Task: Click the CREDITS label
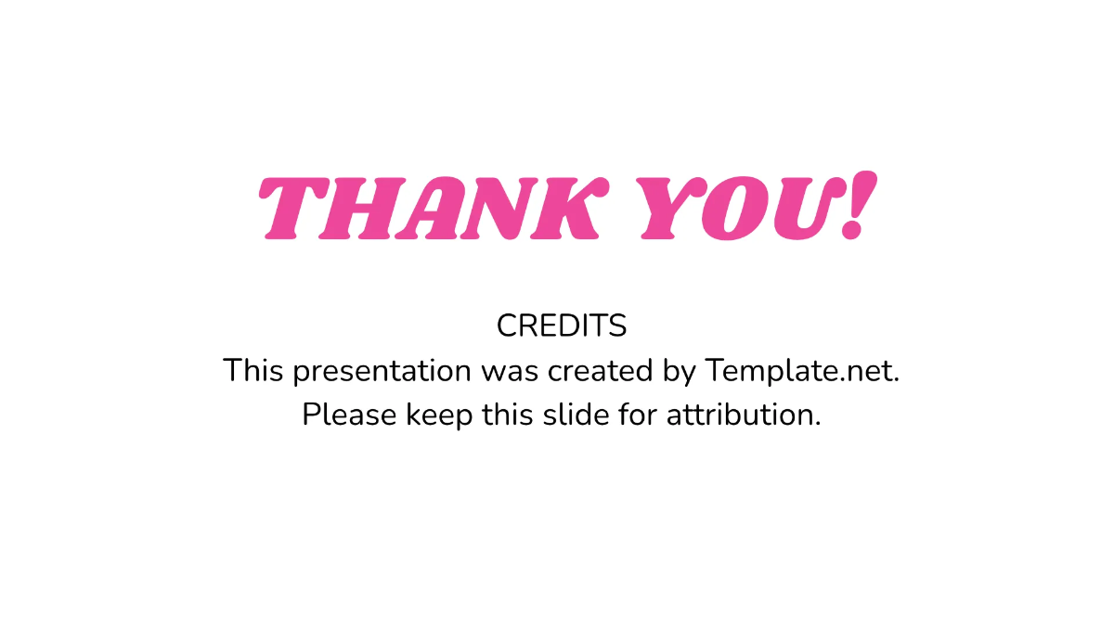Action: pos(562,326)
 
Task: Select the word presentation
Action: pos(381,372)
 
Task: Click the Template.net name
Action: pos(802,371)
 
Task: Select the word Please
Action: pos(349,415)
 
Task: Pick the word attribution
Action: pos(744,415)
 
